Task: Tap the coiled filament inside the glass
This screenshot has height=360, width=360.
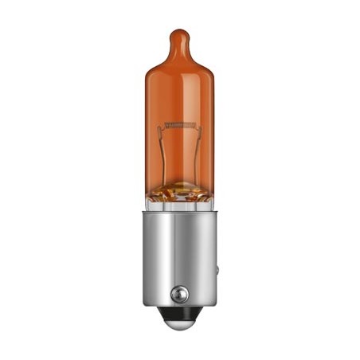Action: (x=180, y=126)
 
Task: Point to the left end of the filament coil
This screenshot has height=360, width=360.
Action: (x=165, y=126)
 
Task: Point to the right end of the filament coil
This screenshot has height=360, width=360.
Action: (x=195, y=126)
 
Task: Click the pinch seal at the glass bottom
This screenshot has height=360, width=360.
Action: (x=180, y=191)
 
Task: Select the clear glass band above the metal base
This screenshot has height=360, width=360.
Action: (x=180, y=205)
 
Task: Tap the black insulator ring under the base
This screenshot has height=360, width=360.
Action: (x=180, y=319)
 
